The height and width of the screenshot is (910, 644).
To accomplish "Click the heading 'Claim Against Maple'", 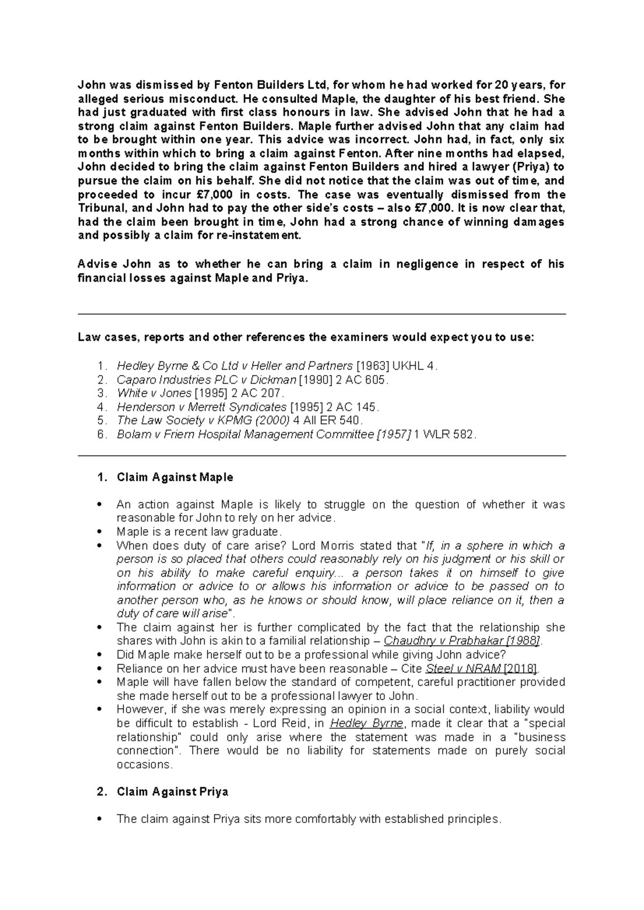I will pyautogui.click(x=174, y=477).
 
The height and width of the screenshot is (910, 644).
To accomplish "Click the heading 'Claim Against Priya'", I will pyautogui.click(x=172, y=791).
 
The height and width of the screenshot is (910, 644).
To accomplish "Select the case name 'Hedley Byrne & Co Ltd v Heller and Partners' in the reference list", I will pyautogui.click(x=235, y=366).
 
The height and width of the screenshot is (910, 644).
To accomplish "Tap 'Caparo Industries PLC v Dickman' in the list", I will pyautogui.click(x=206, y=379).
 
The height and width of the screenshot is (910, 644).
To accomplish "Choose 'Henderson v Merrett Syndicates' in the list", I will pyautogui.click(x=201, y=407).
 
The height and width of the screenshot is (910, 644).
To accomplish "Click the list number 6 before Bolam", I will pyautogui.click(x=102, y=434).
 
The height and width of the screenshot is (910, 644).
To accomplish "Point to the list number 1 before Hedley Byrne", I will pyautogui.click(x=102, y=366).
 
